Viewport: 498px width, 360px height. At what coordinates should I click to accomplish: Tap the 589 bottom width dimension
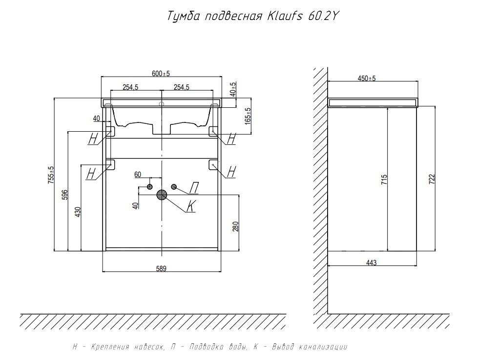pyautogui.click(x=162, y=268)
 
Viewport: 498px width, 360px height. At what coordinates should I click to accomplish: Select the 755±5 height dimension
pyautogui.click(x=51, y=175)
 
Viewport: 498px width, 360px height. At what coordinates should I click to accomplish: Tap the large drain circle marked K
pyautogui.click(x=162, y=195)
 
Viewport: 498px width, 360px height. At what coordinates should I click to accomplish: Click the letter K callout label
pyautogui.click(x=191, y=207)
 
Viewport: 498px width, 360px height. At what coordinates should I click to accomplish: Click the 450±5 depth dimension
pyautogui.click(x=367, y=79)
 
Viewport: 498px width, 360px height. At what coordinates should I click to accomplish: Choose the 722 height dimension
pyautogui.click(x=431, y=179)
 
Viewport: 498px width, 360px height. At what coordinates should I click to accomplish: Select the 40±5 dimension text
pyautogui.click(x=233, y=89)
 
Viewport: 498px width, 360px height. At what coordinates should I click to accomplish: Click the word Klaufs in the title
pyautogui.click(x=285, y=17)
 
